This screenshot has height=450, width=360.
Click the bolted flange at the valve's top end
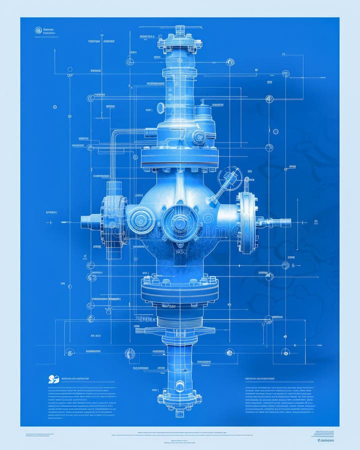tap(179, 43)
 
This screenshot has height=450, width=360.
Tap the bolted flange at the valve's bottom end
tap(179, 399)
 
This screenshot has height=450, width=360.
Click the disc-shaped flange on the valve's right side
tap(247, 222)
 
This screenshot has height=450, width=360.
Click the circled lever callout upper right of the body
tap(229, 178)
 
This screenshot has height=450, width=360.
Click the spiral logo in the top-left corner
tap(38, 30)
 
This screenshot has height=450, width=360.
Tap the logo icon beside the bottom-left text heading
tap(53, 379)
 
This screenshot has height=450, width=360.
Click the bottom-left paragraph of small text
tap(82, 400)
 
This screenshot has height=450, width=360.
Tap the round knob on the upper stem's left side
tap(161, 107)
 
